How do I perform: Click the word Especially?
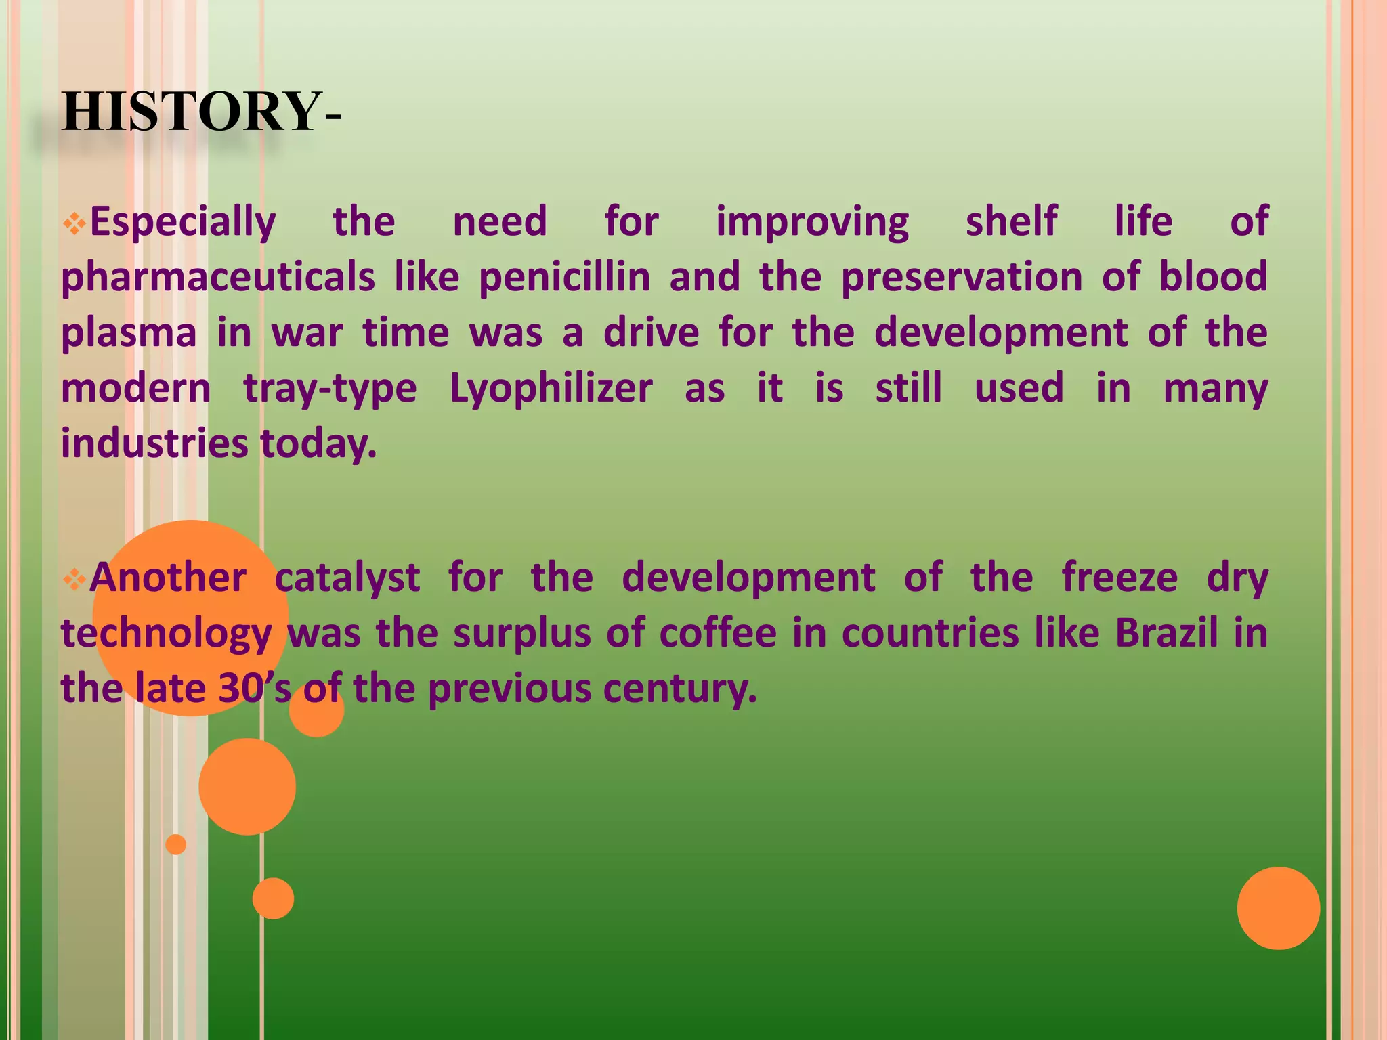coord(183,223)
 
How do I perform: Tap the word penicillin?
coord(564,278)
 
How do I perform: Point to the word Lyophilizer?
coord(551,389)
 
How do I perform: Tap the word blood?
coord(1213,277)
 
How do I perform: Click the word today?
coord(318,445)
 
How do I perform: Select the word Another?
coord(168,578)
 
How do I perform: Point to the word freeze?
coord(1119,578)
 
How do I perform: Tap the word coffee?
coord(717,634)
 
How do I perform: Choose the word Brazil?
coord(1166,634)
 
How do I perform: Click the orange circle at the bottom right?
coord(1278,908)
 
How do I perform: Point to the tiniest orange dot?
coord(175,844)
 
